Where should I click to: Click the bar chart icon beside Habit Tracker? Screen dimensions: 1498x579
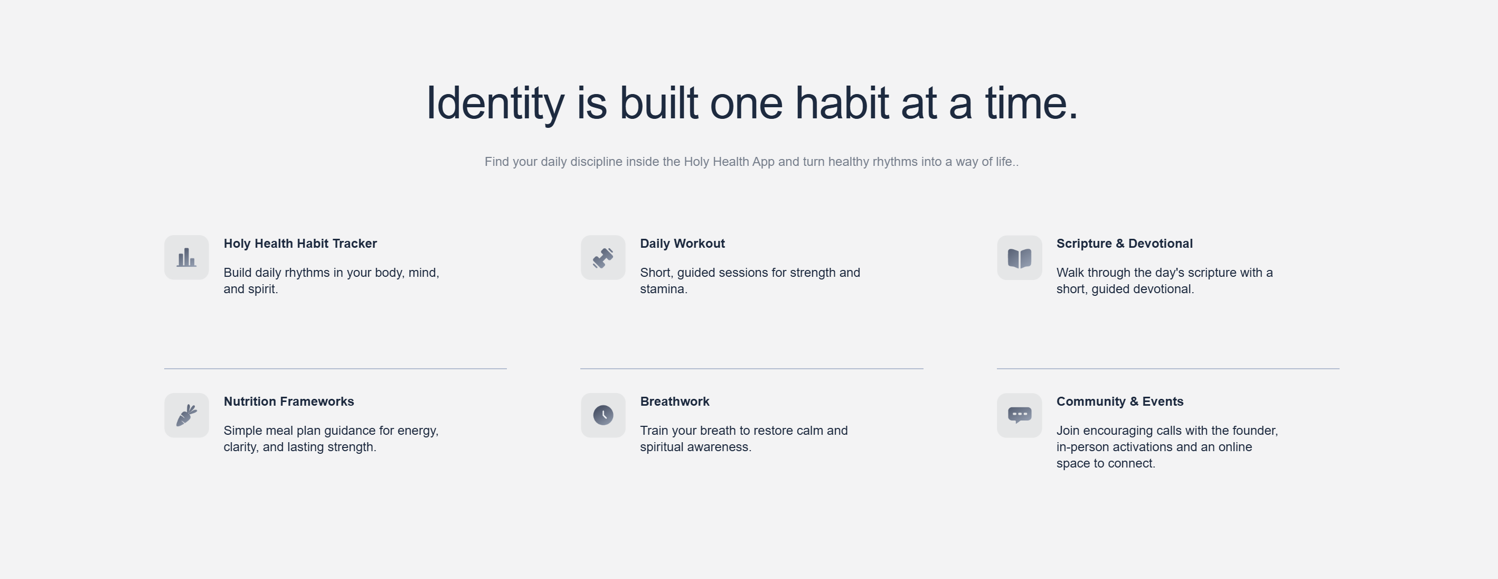tap(186, 257)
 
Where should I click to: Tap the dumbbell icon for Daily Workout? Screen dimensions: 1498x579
tap(602, 257)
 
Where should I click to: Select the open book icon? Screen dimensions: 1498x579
tap(1019, 258)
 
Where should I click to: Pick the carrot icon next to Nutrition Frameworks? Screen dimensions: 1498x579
tap(186, 415)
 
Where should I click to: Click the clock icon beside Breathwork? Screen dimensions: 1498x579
tap(602, 415)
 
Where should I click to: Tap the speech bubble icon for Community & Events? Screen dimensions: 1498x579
tap(1019, 415)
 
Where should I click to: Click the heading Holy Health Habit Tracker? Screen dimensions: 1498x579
tap(300, 243)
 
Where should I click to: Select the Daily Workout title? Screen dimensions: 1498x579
tap(682, 243)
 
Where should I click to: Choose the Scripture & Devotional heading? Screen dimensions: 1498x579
tap(1124, 243)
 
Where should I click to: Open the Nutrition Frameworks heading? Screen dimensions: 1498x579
tap(288, 401)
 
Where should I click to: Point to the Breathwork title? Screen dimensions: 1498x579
tap(675, 401)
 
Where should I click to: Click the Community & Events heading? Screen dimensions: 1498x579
tap(1119, 401)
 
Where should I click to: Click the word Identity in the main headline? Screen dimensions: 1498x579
tap(495, 104)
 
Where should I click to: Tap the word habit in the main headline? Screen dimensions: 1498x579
tap(842, 102)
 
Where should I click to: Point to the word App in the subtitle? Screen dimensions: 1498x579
tap(763, 162)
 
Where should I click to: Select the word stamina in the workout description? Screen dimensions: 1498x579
tap(664, 289)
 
